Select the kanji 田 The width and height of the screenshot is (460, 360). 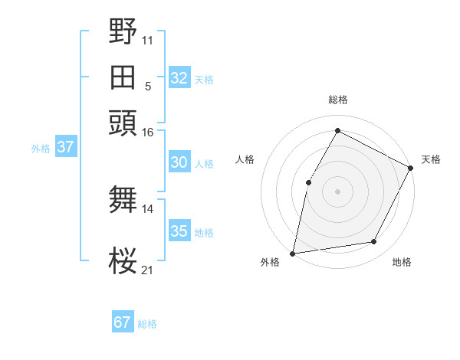click(123, 77)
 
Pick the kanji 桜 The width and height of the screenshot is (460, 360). click(123, 260)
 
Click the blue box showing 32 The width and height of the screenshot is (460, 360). click(179, 78)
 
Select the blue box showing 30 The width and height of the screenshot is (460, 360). click(179, 162)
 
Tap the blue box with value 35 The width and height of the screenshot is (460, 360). click(179, 231)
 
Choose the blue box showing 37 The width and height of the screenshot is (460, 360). click(65, 147)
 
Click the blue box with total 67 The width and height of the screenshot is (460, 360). click(123, 322)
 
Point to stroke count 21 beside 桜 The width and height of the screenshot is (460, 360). click(147, 270)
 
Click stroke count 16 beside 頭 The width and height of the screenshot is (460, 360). click(147, 133)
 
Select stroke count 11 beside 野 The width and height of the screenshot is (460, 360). click(147, 38)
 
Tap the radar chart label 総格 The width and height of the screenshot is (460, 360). click(338, 100)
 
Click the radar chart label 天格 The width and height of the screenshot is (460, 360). click(431, 159)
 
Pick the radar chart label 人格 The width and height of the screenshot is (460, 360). click(245, 159)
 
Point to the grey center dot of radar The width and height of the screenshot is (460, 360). click(337, 191)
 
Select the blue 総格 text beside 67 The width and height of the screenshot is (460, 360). click(147, 324)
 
